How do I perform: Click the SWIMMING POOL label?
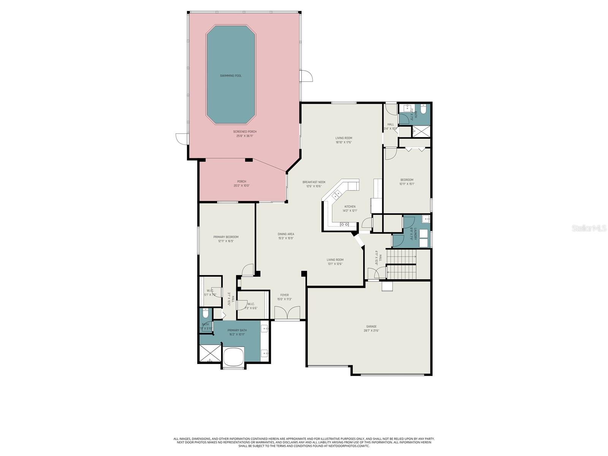(231, 76)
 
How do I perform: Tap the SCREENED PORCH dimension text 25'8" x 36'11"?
(245, 136)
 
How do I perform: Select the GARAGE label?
(371, 326)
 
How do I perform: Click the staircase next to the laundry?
(402, 264)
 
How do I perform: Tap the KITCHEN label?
(350, 207)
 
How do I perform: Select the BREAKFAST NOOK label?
(314, 182)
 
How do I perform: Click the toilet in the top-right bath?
(424, 110)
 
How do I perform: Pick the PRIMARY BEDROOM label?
(226, 237)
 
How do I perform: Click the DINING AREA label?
(286, 234)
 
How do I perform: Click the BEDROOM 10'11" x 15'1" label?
(407, 180)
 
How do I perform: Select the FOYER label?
(284, 295)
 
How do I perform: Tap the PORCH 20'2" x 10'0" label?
(242, 182)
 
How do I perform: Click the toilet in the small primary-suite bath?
(206, 314)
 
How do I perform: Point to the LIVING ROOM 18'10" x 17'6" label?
(344, 138)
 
